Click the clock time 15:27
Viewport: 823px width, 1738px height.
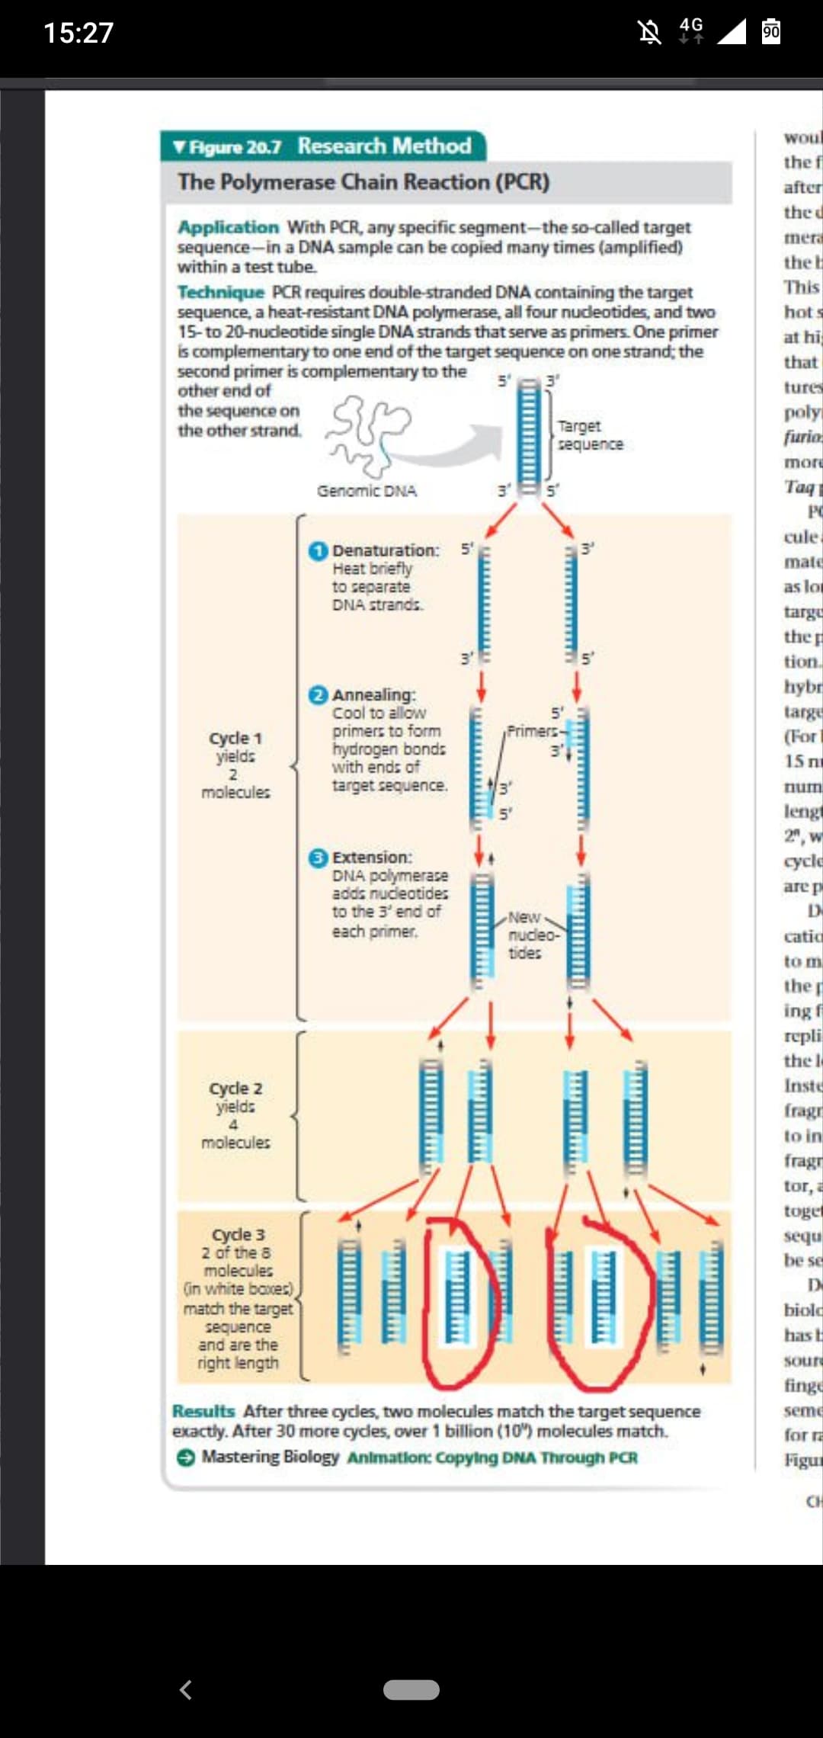click(x=78, y=33)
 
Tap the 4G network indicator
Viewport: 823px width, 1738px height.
click(x=691, y=30)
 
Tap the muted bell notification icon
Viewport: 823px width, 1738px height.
click(x=650, y=33)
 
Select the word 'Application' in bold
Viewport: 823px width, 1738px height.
click(x=229, y=227)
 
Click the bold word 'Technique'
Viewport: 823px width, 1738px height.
click(x=221, y=292)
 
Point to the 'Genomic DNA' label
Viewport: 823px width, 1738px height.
click(x=367, y=491)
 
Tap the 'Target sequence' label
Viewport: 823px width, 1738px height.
click(x=589, y=435)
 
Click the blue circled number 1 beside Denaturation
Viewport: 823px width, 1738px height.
click(x=319, y=550)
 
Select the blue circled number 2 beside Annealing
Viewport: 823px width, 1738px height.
click(x=319, y=695)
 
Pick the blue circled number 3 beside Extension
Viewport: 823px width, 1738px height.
click(x=319, y=858)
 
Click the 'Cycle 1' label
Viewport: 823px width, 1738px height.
click(x=235, y=739)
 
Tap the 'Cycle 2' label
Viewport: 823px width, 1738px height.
click(x=235, y=1089)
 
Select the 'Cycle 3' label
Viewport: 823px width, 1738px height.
click(x=238, y=1235)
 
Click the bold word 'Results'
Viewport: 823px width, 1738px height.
click(x=203, y=1411)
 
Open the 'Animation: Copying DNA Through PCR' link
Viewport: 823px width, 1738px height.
click(x=492, y=1457)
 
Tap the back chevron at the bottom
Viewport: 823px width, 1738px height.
click(x=185, y=1690)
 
